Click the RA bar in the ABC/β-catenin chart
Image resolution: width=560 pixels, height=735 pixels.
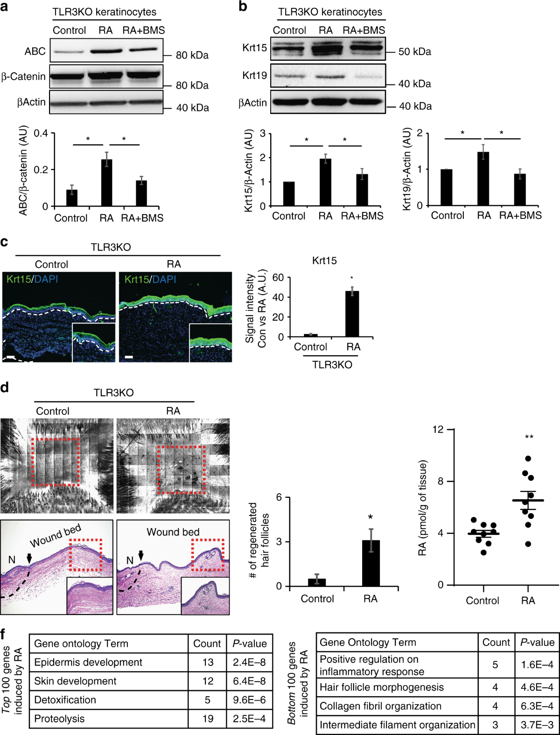(x=107, y=183)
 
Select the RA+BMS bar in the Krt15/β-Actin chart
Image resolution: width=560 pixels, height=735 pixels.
(x=362, y=190)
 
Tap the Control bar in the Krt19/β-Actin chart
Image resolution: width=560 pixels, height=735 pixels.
(x=447, y=187)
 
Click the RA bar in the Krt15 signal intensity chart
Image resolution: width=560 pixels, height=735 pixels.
(x=352, y=314)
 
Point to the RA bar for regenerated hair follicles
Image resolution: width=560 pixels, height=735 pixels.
(x=371, y=563)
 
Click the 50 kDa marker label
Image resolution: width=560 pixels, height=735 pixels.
(x=414, y=52)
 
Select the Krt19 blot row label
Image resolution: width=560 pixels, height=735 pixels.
(x=254, y=75)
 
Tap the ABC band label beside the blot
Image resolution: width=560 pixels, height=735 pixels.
(x=35, y=51)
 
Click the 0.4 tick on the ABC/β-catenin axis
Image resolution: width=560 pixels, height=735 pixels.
(x=41, y=133)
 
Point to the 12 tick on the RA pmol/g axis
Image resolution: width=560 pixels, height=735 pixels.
(x=438, y=429)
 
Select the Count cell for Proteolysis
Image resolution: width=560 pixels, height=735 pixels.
(x=208, y=719)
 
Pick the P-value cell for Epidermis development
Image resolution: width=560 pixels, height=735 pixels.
(x=249, y=662)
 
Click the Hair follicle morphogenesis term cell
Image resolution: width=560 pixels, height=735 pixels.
(x=381, y=687)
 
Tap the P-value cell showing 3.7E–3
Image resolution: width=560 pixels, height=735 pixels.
(x=537, y=725)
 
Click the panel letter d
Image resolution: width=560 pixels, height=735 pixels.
(x=5, y=387)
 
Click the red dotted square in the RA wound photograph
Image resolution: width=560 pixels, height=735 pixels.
(x=182, y=469)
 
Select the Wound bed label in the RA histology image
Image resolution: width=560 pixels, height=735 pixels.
(x=173, y=532)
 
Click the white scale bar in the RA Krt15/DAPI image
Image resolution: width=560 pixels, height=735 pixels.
(x=129, y=357)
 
